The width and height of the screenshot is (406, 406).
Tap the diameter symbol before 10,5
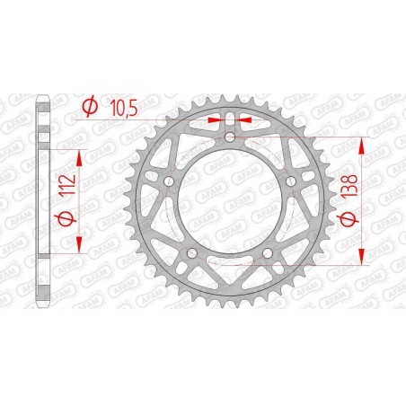89,108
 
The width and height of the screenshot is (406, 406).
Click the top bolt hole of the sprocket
230,137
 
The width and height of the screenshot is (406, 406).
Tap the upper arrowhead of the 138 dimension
362,144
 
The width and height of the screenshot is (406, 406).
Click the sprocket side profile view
40,202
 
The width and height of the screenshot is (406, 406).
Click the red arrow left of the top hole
214,118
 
